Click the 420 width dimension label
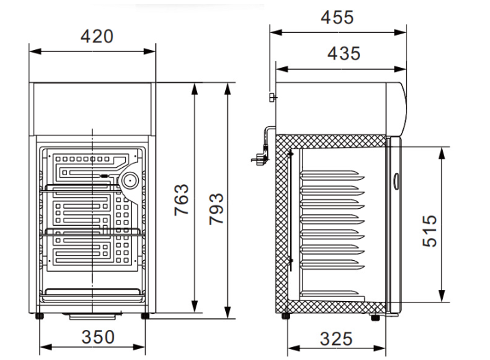coord(97,36)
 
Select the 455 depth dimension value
coord(337,18)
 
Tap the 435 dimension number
coord(344,53)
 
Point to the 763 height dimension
coord(181,200)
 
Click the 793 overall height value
coord(216,209)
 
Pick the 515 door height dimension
coord(430,231)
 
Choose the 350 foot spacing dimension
coord(98,337)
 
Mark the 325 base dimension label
coord(336,339)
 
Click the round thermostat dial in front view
coord(130,180)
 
